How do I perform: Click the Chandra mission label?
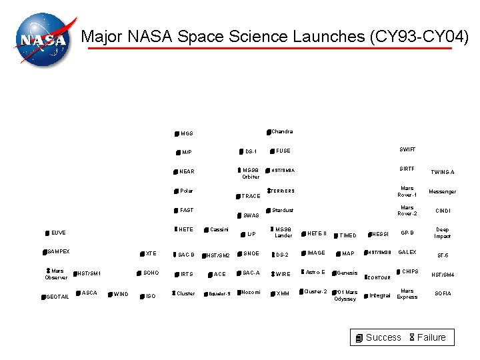click(x=282, y=131)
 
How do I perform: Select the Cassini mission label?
click(x=219, y=230)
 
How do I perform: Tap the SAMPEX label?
click(x=59, y=251)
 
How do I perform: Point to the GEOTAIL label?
click(x=57, y=297)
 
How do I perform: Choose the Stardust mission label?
click(x=283, y=211)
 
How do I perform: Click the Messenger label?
click(x=442, y=191)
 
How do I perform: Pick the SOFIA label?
click(x=443, y=293)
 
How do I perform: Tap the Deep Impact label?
click(x=443, y=233)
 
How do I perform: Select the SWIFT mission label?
click(x=407, y=149)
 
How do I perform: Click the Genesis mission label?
click(x=348, y=273)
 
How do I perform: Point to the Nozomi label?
click(x=251, y=292)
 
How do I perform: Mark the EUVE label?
click(x=59, y=233)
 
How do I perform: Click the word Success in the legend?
click(x=383, y=337)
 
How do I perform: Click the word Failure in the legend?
click(x=431, y=337)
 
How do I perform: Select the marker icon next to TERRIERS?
click(x=269, y=191)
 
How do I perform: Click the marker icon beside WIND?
click(x=110, y=293)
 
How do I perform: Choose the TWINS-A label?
click(x=443, y=172)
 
